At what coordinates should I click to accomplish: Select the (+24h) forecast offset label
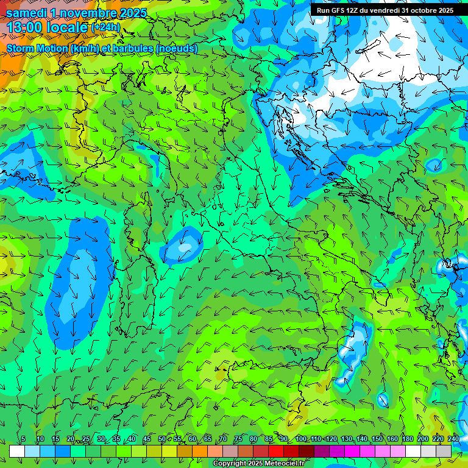coord(105,27)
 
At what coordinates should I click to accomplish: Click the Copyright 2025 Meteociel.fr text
coord(258,464)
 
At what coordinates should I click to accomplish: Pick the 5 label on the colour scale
coord(23,439)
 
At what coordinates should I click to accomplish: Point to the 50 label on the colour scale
coord(161,439)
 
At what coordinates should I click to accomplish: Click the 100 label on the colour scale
coord(300,439)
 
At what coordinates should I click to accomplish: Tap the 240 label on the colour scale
coord(453,439)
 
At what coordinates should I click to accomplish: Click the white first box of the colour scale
coord(17,451)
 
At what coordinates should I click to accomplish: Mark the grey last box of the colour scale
coord(444,451)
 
